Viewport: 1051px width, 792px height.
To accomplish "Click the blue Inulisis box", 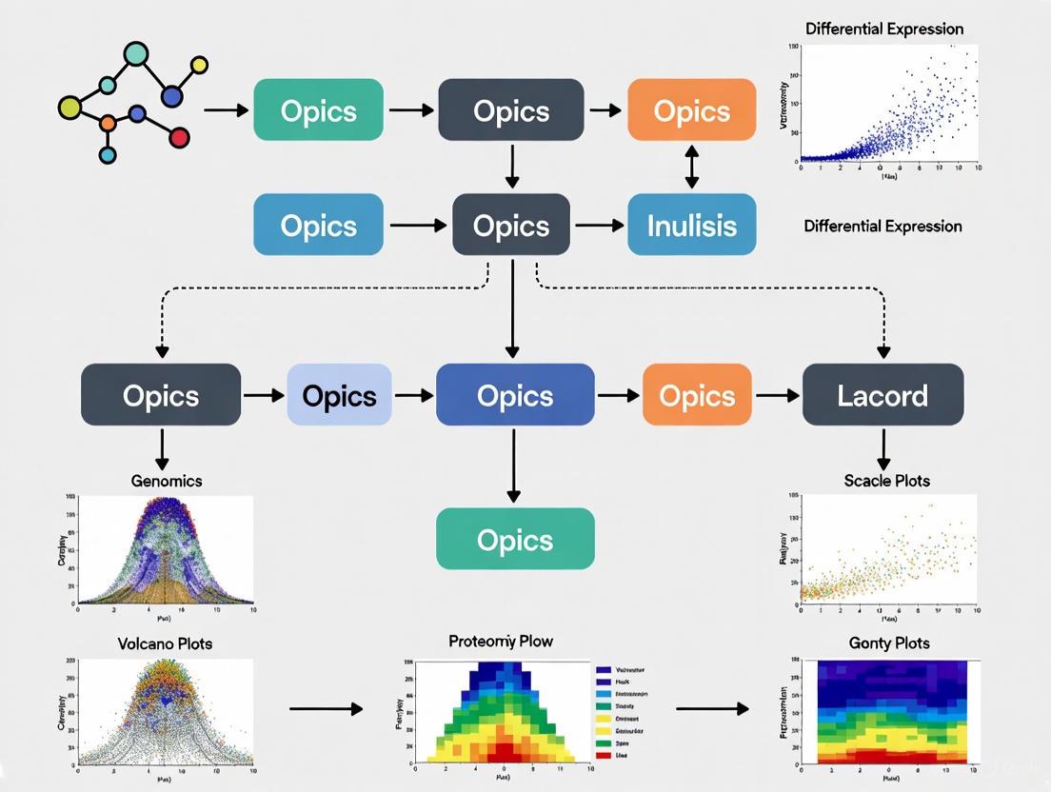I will [692, 225].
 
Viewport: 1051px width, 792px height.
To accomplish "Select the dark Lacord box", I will [882, 395].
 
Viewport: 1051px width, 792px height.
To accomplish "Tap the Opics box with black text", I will [339, 395].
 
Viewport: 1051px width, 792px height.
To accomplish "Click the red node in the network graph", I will [178, 138].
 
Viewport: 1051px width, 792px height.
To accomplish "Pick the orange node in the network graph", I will [108, 123].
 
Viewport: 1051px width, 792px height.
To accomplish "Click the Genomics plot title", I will [167, 481].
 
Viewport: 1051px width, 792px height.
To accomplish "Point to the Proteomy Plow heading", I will [500, 642].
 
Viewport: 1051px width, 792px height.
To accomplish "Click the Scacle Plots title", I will [886, 481].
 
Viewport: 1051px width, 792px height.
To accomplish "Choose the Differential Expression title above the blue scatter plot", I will [883, 29].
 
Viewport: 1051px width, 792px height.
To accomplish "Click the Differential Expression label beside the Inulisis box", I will [882, 227].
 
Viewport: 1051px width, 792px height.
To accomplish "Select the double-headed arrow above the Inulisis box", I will [692, 168].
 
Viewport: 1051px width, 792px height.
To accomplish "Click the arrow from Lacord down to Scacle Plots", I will [883, 448].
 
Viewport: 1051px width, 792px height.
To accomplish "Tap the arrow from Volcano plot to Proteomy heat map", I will [326, 708].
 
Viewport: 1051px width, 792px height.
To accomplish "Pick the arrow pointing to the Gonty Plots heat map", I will [712, 708].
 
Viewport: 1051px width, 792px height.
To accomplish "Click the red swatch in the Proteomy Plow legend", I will [604, 754].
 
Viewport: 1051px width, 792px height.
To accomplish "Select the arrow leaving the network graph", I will [226, 110].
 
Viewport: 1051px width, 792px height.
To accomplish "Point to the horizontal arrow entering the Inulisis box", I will [599, 226].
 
